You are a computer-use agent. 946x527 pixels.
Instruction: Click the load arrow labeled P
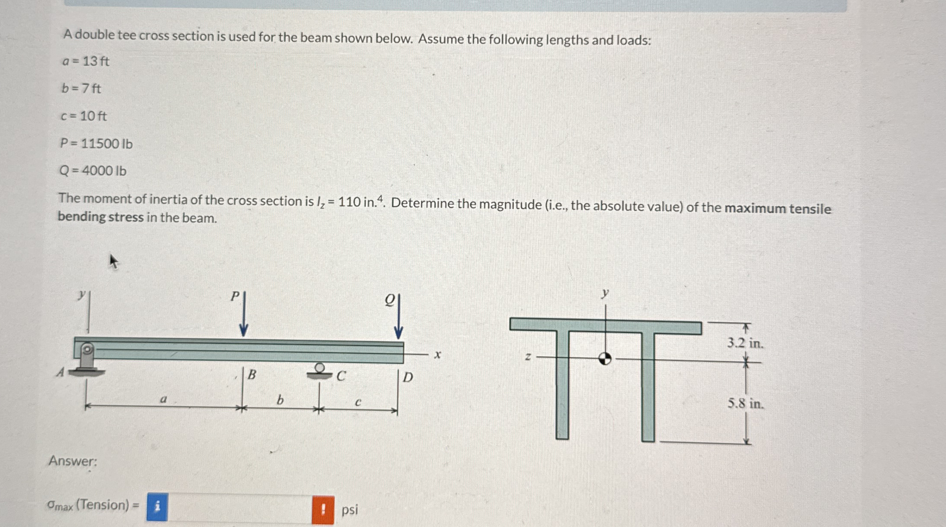243,316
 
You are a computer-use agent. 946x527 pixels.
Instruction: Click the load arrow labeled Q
398,318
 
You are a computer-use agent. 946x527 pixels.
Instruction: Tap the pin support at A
87,359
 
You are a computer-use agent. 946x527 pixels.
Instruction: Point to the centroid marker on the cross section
605,358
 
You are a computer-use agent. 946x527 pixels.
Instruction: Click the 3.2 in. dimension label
745,343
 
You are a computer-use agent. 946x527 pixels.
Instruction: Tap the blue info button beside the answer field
157,507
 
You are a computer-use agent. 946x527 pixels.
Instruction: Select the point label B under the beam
252,375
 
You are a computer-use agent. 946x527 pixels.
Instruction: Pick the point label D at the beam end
408,378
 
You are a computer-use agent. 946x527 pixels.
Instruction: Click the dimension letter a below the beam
163,399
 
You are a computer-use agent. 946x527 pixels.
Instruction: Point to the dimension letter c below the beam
358,403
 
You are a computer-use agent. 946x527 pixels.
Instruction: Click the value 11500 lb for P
106,143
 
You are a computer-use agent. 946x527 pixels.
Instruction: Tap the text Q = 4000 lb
93,171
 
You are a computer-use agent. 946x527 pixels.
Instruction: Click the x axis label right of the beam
438,355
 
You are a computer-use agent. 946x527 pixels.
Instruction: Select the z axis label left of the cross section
528,357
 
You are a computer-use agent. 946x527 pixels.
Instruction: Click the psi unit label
349,510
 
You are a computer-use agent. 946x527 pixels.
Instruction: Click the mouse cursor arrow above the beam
113,261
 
